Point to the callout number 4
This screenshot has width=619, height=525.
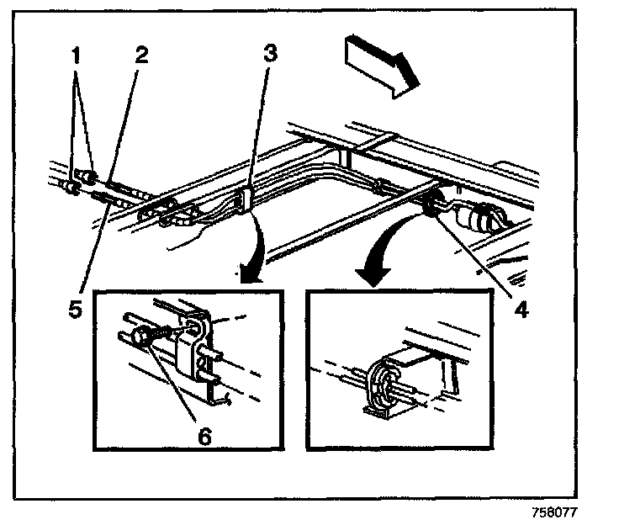click(521, 309)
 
